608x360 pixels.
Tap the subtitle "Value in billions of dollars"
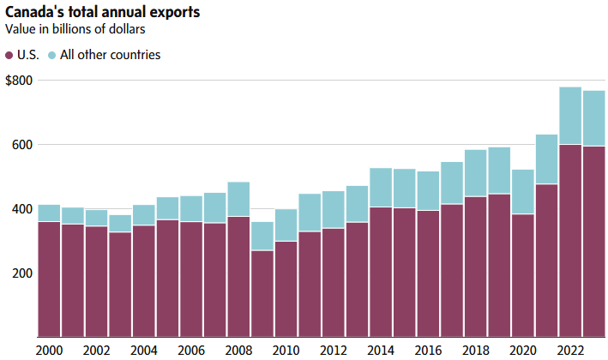pyautogui.click(x=74, y=29)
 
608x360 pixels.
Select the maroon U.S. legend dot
pyautogui.click(x=9, y=55)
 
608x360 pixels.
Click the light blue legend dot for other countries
pyautogui.click(x=52, y=55)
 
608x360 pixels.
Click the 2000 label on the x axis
pyautogui.click(x=49, y=350)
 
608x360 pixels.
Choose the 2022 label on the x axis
pyautogui.click(x=569, y=350)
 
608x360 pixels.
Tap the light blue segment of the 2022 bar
pyautogui.click(x=569, y=116)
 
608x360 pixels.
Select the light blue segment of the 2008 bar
pyautogui.click(x=238, y=199)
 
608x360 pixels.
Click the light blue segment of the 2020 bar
pyautogui.click(x=522, y=191)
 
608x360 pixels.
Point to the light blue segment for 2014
pyautogui.click(x=380, y=188)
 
